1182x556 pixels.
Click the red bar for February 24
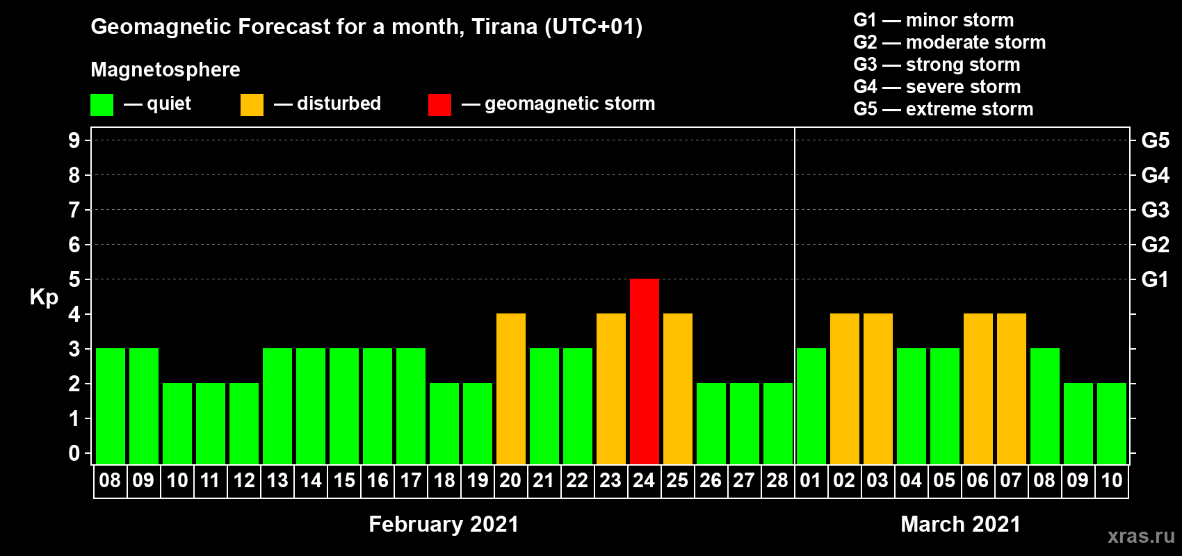pos(645,371)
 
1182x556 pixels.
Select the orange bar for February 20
pos(511,389)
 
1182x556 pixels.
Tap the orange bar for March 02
pos(845,389)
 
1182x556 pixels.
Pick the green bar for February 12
pos(244,423)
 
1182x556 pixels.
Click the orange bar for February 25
pos(678,389)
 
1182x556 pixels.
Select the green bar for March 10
pos(1112,423)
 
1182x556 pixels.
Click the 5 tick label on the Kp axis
pos(74,279)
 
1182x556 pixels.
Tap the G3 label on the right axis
pos(1156,210)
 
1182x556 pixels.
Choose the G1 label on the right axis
pos(1156,279)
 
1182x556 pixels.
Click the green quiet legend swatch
pos(102,104)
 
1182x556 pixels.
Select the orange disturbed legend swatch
pos(252,104)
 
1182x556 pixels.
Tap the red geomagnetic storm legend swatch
pos(439,104)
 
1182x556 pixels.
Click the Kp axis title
pos(44,297)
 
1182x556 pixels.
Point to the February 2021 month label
pos(444,524)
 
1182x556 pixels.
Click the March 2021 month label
pos(960,524)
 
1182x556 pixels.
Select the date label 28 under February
pos(777,480)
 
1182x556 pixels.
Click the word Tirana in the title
pos(504,27)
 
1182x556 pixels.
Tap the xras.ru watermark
pos(1141,536)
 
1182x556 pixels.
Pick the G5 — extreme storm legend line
pos(944,109)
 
